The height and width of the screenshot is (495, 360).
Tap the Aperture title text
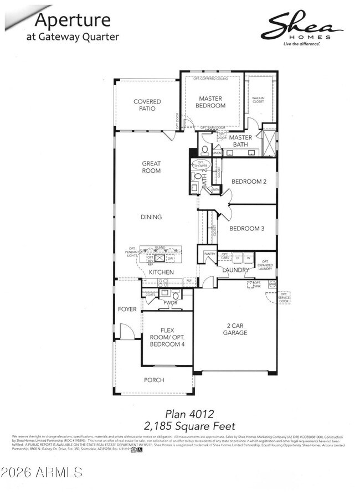point(73,20)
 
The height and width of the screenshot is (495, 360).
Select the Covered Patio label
point(147,105)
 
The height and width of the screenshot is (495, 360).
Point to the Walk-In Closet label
point(259,100)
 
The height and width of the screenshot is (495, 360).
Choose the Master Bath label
point(241,141)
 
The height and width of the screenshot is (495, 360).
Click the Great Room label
point(151,167)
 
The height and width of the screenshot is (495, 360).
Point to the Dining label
point(151,217)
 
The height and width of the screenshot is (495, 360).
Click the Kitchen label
point(161,272)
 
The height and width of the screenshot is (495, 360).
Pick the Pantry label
point(209,254)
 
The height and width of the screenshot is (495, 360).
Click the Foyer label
point(127,309)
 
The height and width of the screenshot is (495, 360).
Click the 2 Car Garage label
point(235,329)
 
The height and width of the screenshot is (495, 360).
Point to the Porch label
point(153,380)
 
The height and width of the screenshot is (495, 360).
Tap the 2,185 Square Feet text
point(179,426)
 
